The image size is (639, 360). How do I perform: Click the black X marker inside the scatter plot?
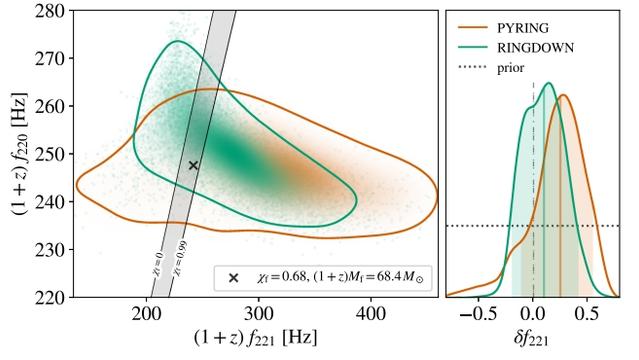click(x=194, y=165)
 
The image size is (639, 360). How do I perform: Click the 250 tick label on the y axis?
click(x=47, y=154)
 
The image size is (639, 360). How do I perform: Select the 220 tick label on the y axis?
click(x=47, y=297)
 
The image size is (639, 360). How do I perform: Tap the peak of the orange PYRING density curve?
click(x=564, y=96)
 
